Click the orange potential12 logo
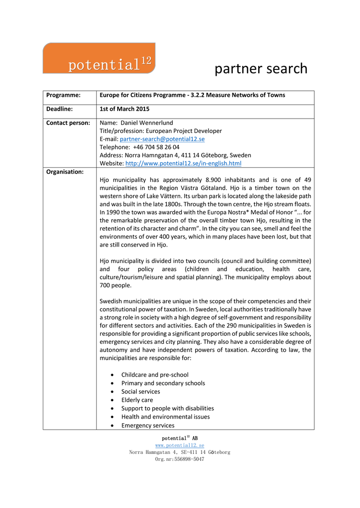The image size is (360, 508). [99, 58]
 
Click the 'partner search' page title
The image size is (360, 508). [261, 68]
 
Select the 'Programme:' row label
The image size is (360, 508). [64, 95]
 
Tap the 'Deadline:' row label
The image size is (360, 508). [60, 109]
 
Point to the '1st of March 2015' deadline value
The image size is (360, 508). [125, 109]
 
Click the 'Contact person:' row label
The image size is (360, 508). [68, 123]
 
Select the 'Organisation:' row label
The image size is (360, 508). [65, 172]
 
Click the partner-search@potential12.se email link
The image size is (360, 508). [162, 139]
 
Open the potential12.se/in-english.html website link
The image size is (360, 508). [183, 163]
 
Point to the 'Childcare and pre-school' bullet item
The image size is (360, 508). [155, 375]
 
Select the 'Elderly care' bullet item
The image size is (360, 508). [137, 400]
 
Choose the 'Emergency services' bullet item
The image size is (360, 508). [148, 425]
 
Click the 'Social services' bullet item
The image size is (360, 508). [141, 391]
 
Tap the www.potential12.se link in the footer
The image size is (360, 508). [180, 445]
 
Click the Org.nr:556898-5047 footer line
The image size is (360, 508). [180, 459]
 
